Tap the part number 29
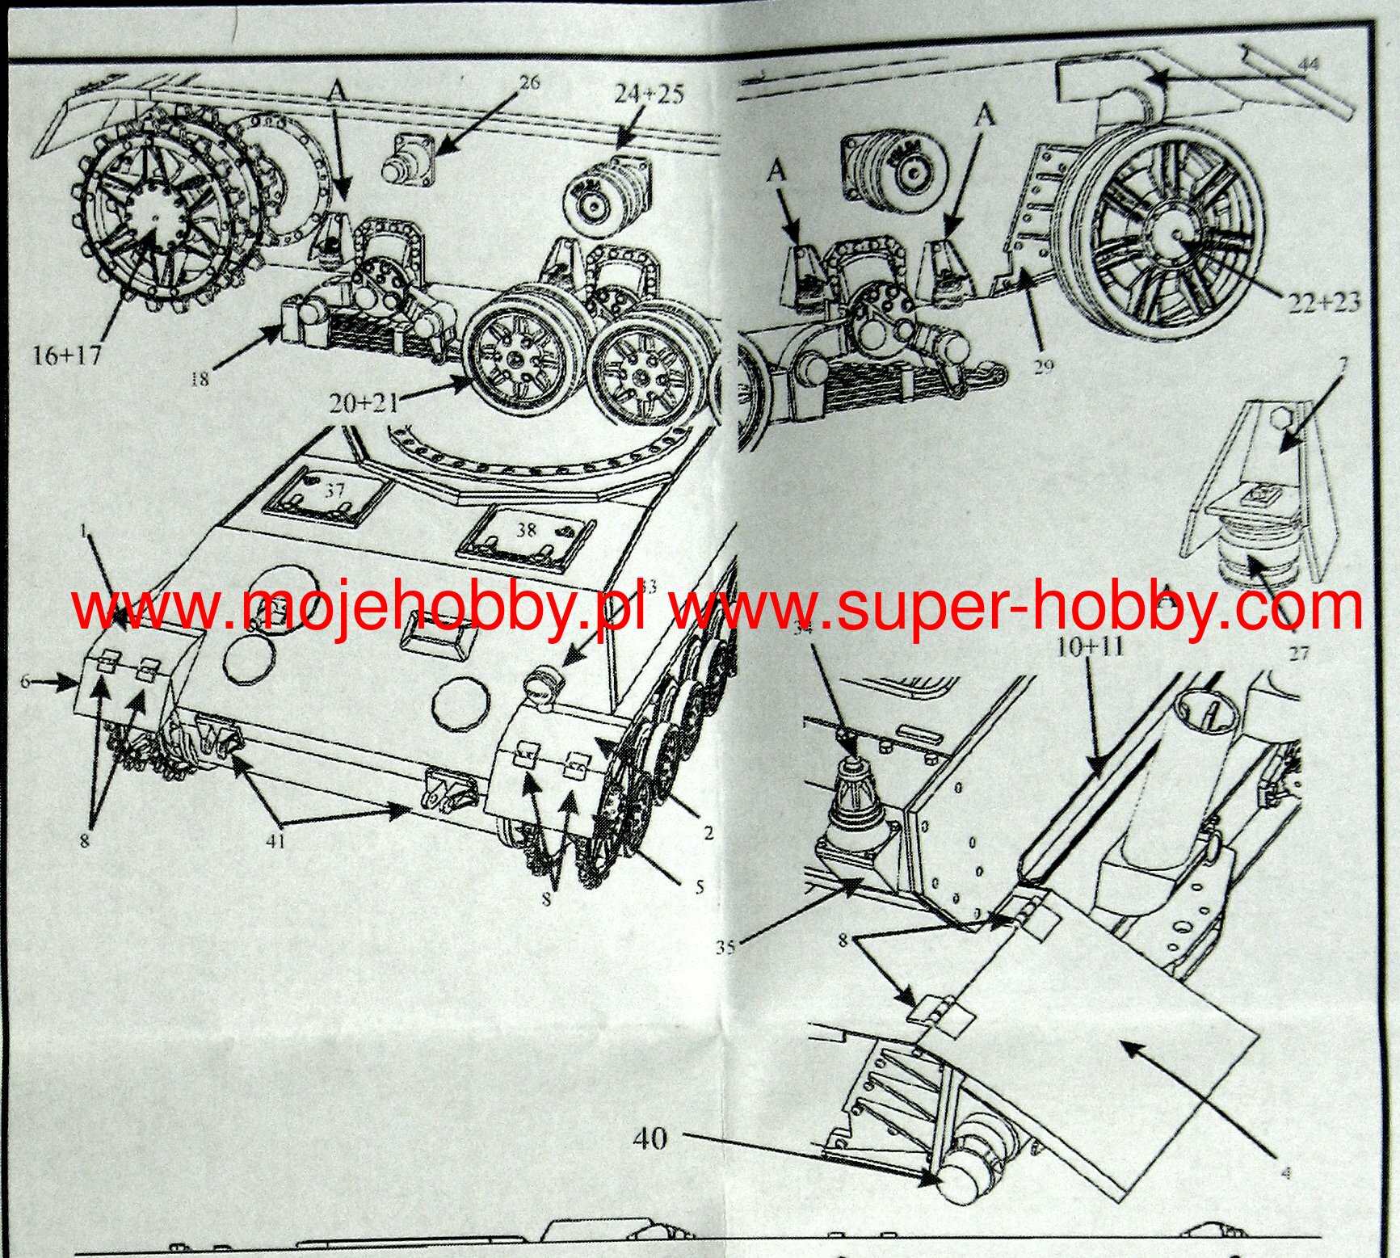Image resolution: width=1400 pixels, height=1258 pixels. pyautogui.click(x=1043, y=367)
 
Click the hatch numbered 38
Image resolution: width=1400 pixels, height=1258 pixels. pyautogui.click(x=526, y=530)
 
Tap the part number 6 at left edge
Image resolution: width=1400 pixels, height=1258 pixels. pyautogui.click(x=25, y=682)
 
